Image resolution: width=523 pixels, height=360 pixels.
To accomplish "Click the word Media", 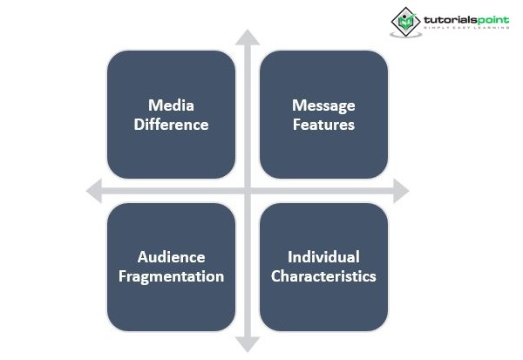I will click(171, 105).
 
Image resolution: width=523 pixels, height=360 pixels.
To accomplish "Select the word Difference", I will click(171, 125).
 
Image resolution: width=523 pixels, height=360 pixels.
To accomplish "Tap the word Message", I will click(323, 105).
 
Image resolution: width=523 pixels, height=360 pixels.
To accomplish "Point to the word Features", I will click(323, 125).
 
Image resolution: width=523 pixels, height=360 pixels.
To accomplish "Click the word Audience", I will click(171, 257).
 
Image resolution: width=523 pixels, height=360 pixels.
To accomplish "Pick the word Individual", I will click(323, 257).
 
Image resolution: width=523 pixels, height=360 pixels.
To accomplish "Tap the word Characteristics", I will click(323, 276).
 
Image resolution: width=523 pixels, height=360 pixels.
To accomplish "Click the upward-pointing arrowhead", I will click(248, 37).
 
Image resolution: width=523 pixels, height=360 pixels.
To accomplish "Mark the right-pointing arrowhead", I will click(400, 191).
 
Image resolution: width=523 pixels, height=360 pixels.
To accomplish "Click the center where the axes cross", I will click(248, 191).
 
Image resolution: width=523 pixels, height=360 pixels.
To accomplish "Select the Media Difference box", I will click(171, 114).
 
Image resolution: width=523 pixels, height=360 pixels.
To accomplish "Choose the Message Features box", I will click(323, 114).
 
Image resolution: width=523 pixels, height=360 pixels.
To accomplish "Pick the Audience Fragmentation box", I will click(171, 267).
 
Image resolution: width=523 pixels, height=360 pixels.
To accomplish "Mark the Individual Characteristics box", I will click(323, 267).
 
